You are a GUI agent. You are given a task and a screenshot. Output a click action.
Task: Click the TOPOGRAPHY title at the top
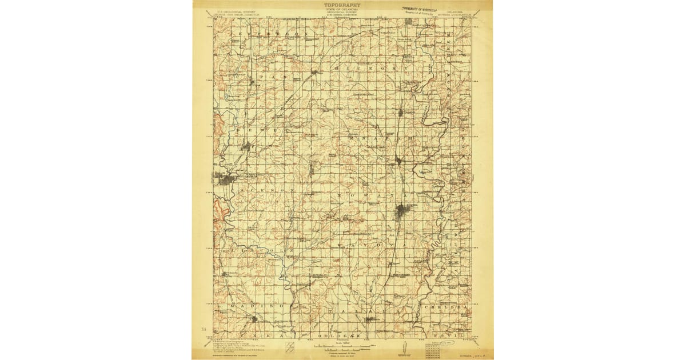pos(342,5)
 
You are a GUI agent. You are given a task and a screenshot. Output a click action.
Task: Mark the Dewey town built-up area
pos(246,146)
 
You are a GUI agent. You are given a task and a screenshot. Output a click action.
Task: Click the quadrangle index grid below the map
pos(435,350)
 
